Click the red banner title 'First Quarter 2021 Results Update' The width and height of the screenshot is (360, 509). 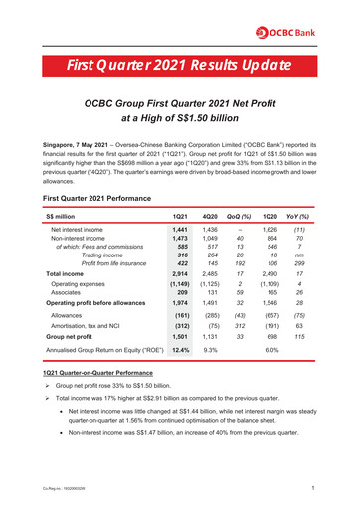pos(179,67)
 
